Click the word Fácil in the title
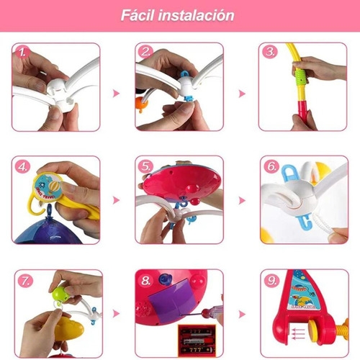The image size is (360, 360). tap(137, 15)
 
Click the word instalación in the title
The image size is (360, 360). tap(196, 15)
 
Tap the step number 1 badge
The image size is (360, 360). tap(22, 52)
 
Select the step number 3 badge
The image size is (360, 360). tap(270, 52)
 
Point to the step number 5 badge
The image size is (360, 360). tap(146, 166)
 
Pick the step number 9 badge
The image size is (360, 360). tap(271, 280)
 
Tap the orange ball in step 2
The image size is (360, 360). tap(142, 104)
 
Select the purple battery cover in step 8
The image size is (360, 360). tap(171, 301)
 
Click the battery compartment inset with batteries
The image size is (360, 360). tap(197, 341)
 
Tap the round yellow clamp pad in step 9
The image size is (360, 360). tap(315, 328)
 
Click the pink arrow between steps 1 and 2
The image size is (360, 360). tap(116, 93)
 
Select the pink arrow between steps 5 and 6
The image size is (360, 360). tap(242, 200)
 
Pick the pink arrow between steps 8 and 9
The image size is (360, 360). tap(242, 314)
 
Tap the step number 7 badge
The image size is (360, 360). tap(25, 280)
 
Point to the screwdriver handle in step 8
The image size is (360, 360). tap(211, 311)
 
